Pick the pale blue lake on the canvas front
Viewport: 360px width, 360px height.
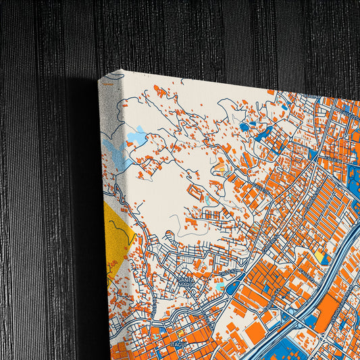[137, 138]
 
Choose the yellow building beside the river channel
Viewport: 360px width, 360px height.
[319, 257]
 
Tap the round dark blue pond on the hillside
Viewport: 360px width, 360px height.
[244, 126]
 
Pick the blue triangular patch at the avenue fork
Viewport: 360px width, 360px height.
[313, 154]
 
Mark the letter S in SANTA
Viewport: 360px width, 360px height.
[180, 278]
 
